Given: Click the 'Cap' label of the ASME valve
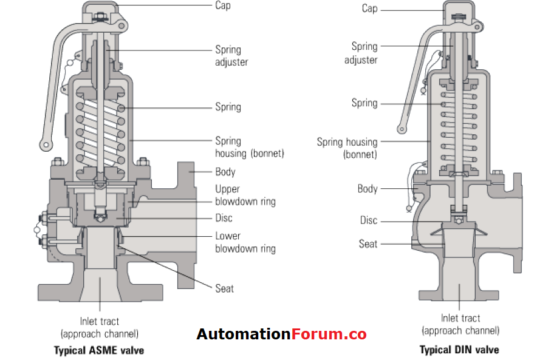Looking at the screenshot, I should [223, 5].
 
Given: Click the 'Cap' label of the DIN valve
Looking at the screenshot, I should [369, 8].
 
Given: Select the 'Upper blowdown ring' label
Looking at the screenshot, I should [245, 195].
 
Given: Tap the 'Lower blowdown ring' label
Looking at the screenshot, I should [245, 242].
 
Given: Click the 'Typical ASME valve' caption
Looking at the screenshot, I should [99, 350].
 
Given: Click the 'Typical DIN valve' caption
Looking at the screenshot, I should [459, 350].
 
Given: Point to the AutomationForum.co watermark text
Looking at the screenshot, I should [281, 335].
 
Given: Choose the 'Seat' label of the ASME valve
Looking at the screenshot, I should [224, 288].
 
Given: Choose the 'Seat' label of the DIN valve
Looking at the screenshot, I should [368, 244].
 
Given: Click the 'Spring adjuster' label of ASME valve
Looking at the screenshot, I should [231, 56].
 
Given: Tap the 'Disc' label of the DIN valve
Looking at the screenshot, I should [368, 220].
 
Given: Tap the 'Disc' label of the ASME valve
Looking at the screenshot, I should [224, 218].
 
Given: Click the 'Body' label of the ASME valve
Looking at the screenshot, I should [225, 172].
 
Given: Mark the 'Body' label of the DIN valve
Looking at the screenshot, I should [368, 189].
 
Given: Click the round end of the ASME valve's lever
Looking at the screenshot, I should [44, 144].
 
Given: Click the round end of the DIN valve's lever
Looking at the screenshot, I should [401, 129].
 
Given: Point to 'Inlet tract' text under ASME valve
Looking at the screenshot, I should [100, 321].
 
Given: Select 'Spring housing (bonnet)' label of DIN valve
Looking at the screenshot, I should [347, 148].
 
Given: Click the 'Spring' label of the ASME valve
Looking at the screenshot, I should [228, 107].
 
